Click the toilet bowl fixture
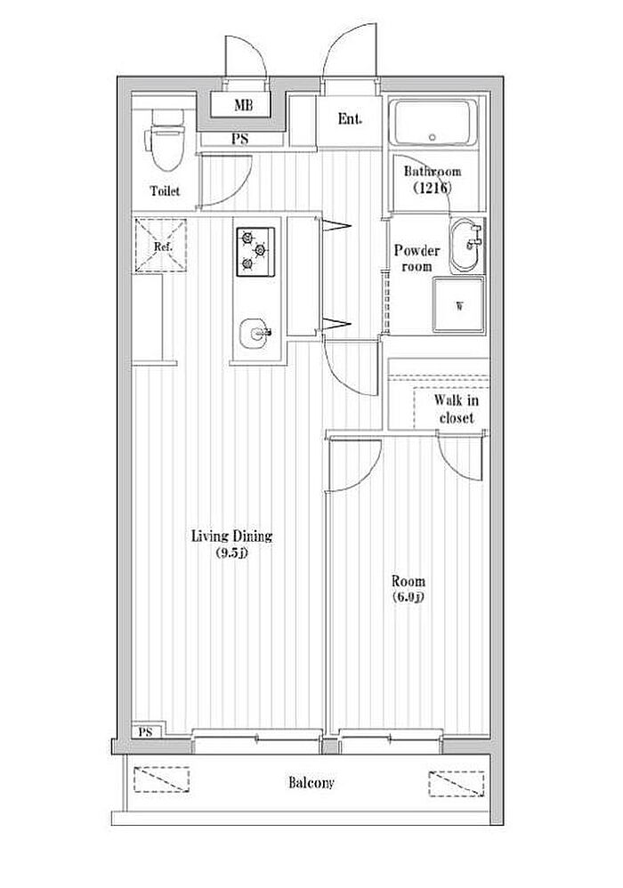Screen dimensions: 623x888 click(166, 140)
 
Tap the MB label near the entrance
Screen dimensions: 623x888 click(244, 105)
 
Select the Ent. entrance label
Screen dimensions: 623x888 click(350, 119)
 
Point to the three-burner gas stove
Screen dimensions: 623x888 click(255, 252)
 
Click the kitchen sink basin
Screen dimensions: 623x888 click(255, 335)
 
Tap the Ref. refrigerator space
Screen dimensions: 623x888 click(161, 246)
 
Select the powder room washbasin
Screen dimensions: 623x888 click(466, 246)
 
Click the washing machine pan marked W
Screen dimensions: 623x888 click(458, 304)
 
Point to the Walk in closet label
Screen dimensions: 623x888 click(457, 409)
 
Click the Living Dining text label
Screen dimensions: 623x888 click(231, 537)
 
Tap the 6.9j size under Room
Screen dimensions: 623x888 click(409, 596)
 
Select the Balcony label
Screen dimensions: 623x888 click(311, 783)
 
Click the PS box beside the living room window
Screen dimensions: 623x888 click(147, 731)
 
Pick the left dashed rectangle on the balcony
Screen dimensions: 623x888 click(161, 779)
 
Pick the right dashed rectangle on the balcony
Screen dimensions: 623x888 click(457, 784)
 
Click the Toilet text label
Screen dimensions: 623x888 click(165, 190)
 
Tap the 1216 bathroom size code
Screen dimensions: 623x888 click(433, 188)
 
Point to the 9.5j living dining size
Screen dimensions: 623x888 click(231, 553)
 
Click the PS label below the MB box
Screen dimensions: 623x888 click(239, 139)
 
